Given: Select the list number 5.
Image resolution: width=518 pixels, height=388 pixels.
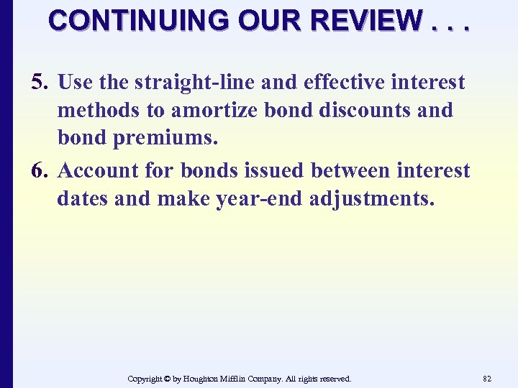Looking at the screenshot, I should tap(40, 83).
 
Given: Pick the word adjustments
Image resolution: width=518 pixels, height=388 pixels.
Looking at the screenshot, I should tap(371, 198).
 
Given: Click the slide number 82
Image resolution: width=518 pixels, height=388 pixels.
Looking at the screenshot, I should tap(487, 379).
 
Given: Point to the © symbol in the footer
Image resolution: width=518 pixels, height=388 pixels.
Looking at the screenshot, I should tap(166, 379).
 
